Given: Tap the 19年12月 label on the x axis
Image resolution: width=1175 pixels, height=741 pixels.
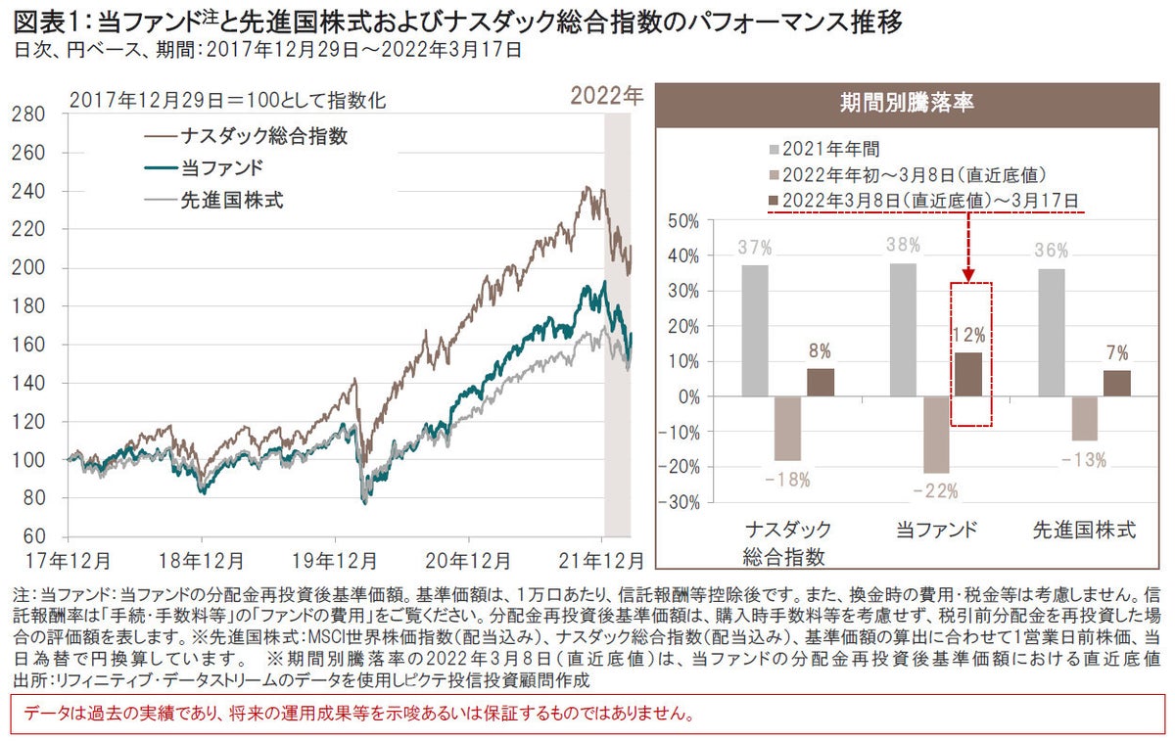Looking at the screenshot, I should pos(335,560).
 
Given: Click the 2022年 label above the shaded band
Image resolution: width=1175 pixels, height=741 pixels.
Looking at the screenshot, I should pos(607,97).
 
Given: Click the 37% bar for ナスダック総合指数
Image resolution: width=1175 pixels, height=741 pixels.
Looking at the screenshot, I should pos(755,331).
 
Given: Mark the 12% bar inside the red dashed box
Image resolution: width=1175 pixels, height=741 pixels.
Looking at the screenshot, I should pos(970,375).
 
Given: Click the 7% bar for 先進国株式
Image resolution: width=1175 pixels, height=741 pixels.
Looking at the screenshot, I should pos(1116,384).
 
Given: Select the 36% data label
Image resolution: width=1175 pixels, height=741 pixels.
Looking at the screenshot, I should pos(1050,249).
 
